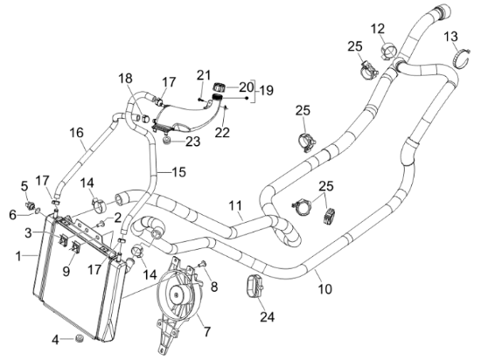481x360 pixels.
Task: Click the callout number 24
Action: coord(268,317)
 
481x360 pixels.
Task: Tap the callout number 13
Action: coord(451,37)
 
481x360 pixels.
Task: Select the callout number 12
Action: coord(377,29)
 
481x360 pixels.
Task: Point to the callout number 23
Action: coord(192,142)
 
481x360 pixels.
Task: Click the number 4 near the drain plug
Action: coord(55,340)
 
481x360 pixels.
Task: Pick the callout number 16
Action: coord(76,133)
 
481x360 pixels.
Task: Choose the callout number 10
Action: coord(325,288)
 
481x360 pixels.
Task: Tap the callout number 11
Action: coord(235,205)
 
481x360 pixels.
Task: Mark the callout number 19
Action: coord(266,90)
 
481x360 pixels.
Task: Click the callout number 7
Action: coord(207,331)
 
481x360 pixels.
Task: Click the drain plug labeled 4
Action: coord(80,338)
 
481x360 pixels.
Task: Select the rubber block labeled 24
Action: coord(254,286)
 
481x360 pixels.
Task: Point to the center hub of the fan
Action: coord(177,294)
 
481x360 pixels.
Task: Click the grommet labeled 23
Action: coord(167,142)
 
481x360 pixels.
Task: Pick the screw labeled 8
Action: coord(202,263)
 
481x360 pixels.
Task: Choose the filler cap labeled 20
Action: coord(219,87)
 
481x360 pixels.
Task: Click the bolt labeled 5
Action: coord(30,205)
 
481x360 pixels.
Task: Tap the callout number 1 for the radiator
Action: coord(18,256)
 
